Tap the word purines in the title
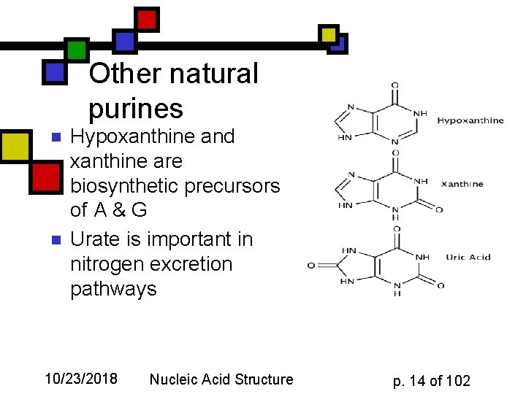click(136, 109)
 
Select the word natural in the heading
click(213, 74)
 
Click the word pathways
click(113, 289)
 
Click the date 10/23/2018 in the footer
click(80, 379)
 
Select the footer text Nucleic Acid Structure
click(221, 379)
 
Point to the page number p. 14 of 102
click(432, 380)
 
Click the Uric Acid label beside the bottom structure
click(468, 257)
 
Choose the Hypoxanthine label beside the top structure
click(470, 120)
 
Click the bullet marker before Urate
click(52, 240)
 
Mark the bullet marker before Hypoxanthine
click(52, 137)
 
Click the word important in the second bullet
click(185, 239)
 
